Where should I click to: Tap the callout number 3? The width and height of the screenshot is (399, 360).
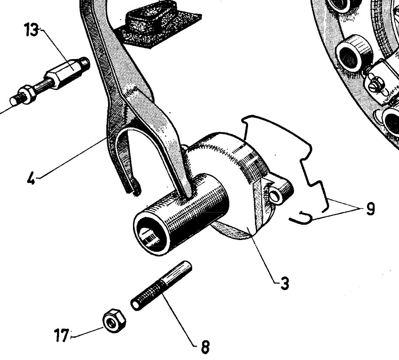click(x=284, y=283)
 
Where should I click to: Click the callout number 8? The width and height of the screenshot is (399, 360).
click(x=204, y=347)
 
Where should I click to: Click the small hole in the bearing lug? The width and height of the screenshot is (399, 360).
click(x=276, y=194)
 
